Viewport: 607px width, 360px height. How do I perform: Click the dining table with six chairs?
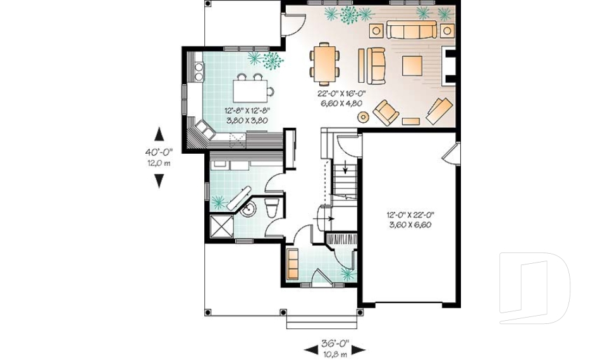click(324, 63)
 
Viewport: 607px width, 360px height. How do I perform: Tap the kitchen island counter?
click(248, 90)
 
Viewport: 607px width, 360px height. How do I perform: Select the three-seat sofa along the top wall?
click(412, 30)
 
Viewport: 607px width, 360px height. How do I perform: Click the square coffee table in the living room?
click(412, 66)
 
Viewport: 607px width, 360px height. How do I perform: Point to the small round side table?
click(364, 116)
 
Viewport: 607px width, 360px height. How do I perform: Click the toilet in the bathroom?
click(272, 207)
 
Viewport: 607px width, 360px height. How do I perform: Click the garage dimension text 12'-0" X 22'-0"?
click(410, 215)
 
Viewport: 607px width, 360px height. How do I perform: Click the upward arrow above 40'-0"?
click(159, 135)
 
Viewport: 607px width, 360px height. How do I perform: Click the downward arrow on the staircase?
click(345, 168)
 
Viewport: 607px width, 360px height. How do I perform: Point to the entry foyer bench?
click(293, 263)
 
